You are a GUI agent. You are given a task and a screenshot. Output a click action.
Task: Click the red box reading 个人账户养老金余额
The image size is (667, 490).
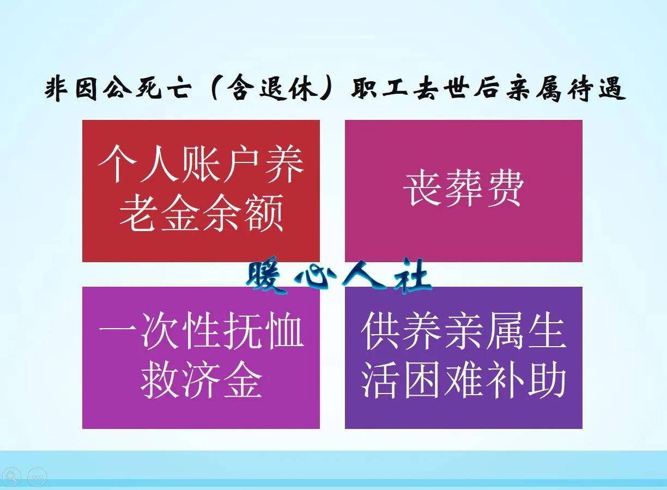pyautogui.click(x=201, y=191)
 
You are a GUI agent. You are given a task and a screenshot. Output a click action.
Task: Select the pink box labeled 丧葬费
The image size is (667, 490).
pyautogui.click(x=463, y=191)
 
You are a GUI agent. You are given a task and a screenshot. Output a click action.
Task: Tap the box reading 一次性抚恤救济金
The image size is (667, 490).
pyautogui.click(x=201, y=357)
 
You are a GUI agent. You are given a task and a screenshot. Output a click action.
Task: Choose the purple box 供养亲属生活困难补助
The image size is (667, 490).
pyautogui.click(x=463, y=357)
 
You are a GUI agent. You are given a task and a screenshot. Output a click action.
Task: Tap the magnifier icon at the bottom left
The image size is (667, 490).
pyautogui.click(x=11, y=477)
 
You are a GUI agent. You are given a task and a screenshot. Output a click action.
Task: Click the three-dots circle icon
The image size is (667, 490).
pyautogui.click(x=37, y=477)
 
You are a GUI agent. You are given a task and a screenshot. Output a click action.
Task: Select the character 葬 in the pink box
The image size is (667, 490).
pyautogui.click(x=463, y=189)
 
